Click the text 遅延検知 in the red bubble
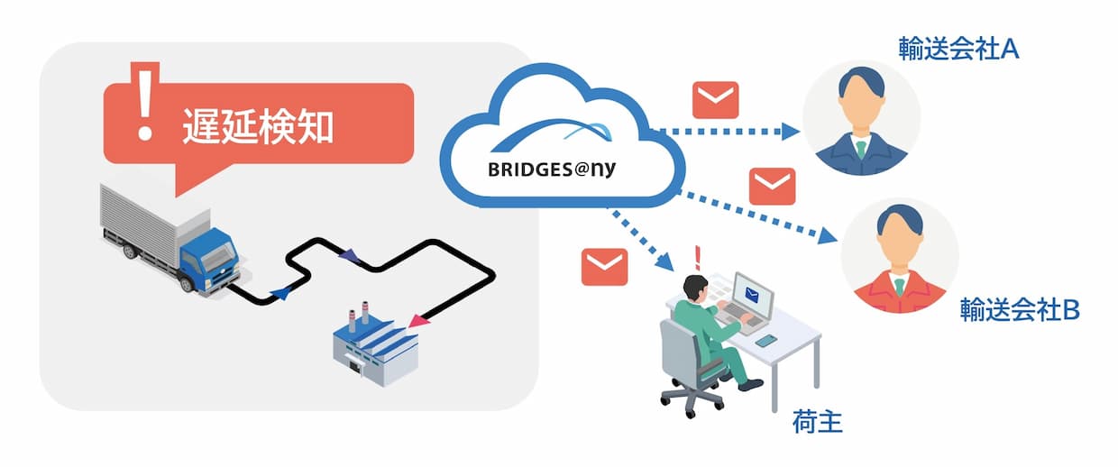tap(258, 125)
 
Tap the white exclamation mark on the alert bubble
tap(145, 104)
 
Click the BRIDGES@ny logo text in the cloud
tap(552, 169)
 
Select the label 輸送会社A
tap(958, 49)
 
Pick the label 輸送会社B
tap(1020, 309)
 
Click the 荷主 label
tap(818, 422)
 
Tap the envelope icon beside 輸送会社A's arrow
tap(715, 100)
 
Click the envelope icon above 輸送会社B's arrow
tap(772, 186)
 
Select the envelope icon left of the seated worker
tap(604, 267)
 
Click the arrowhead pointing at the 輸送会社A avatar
tap(790, 132)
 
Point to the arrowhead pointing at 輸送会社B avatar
tap(828, 235)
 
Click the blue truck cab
tap(208, 261)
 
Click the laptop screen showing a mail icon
tap(753, 296)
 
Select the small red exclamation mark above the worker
tap(698, 258)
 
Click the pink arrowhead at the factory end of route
tap(418, 320)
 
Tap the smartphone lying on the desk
tap(766, 341)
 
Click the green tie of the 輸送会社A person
tap(861, 149)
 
